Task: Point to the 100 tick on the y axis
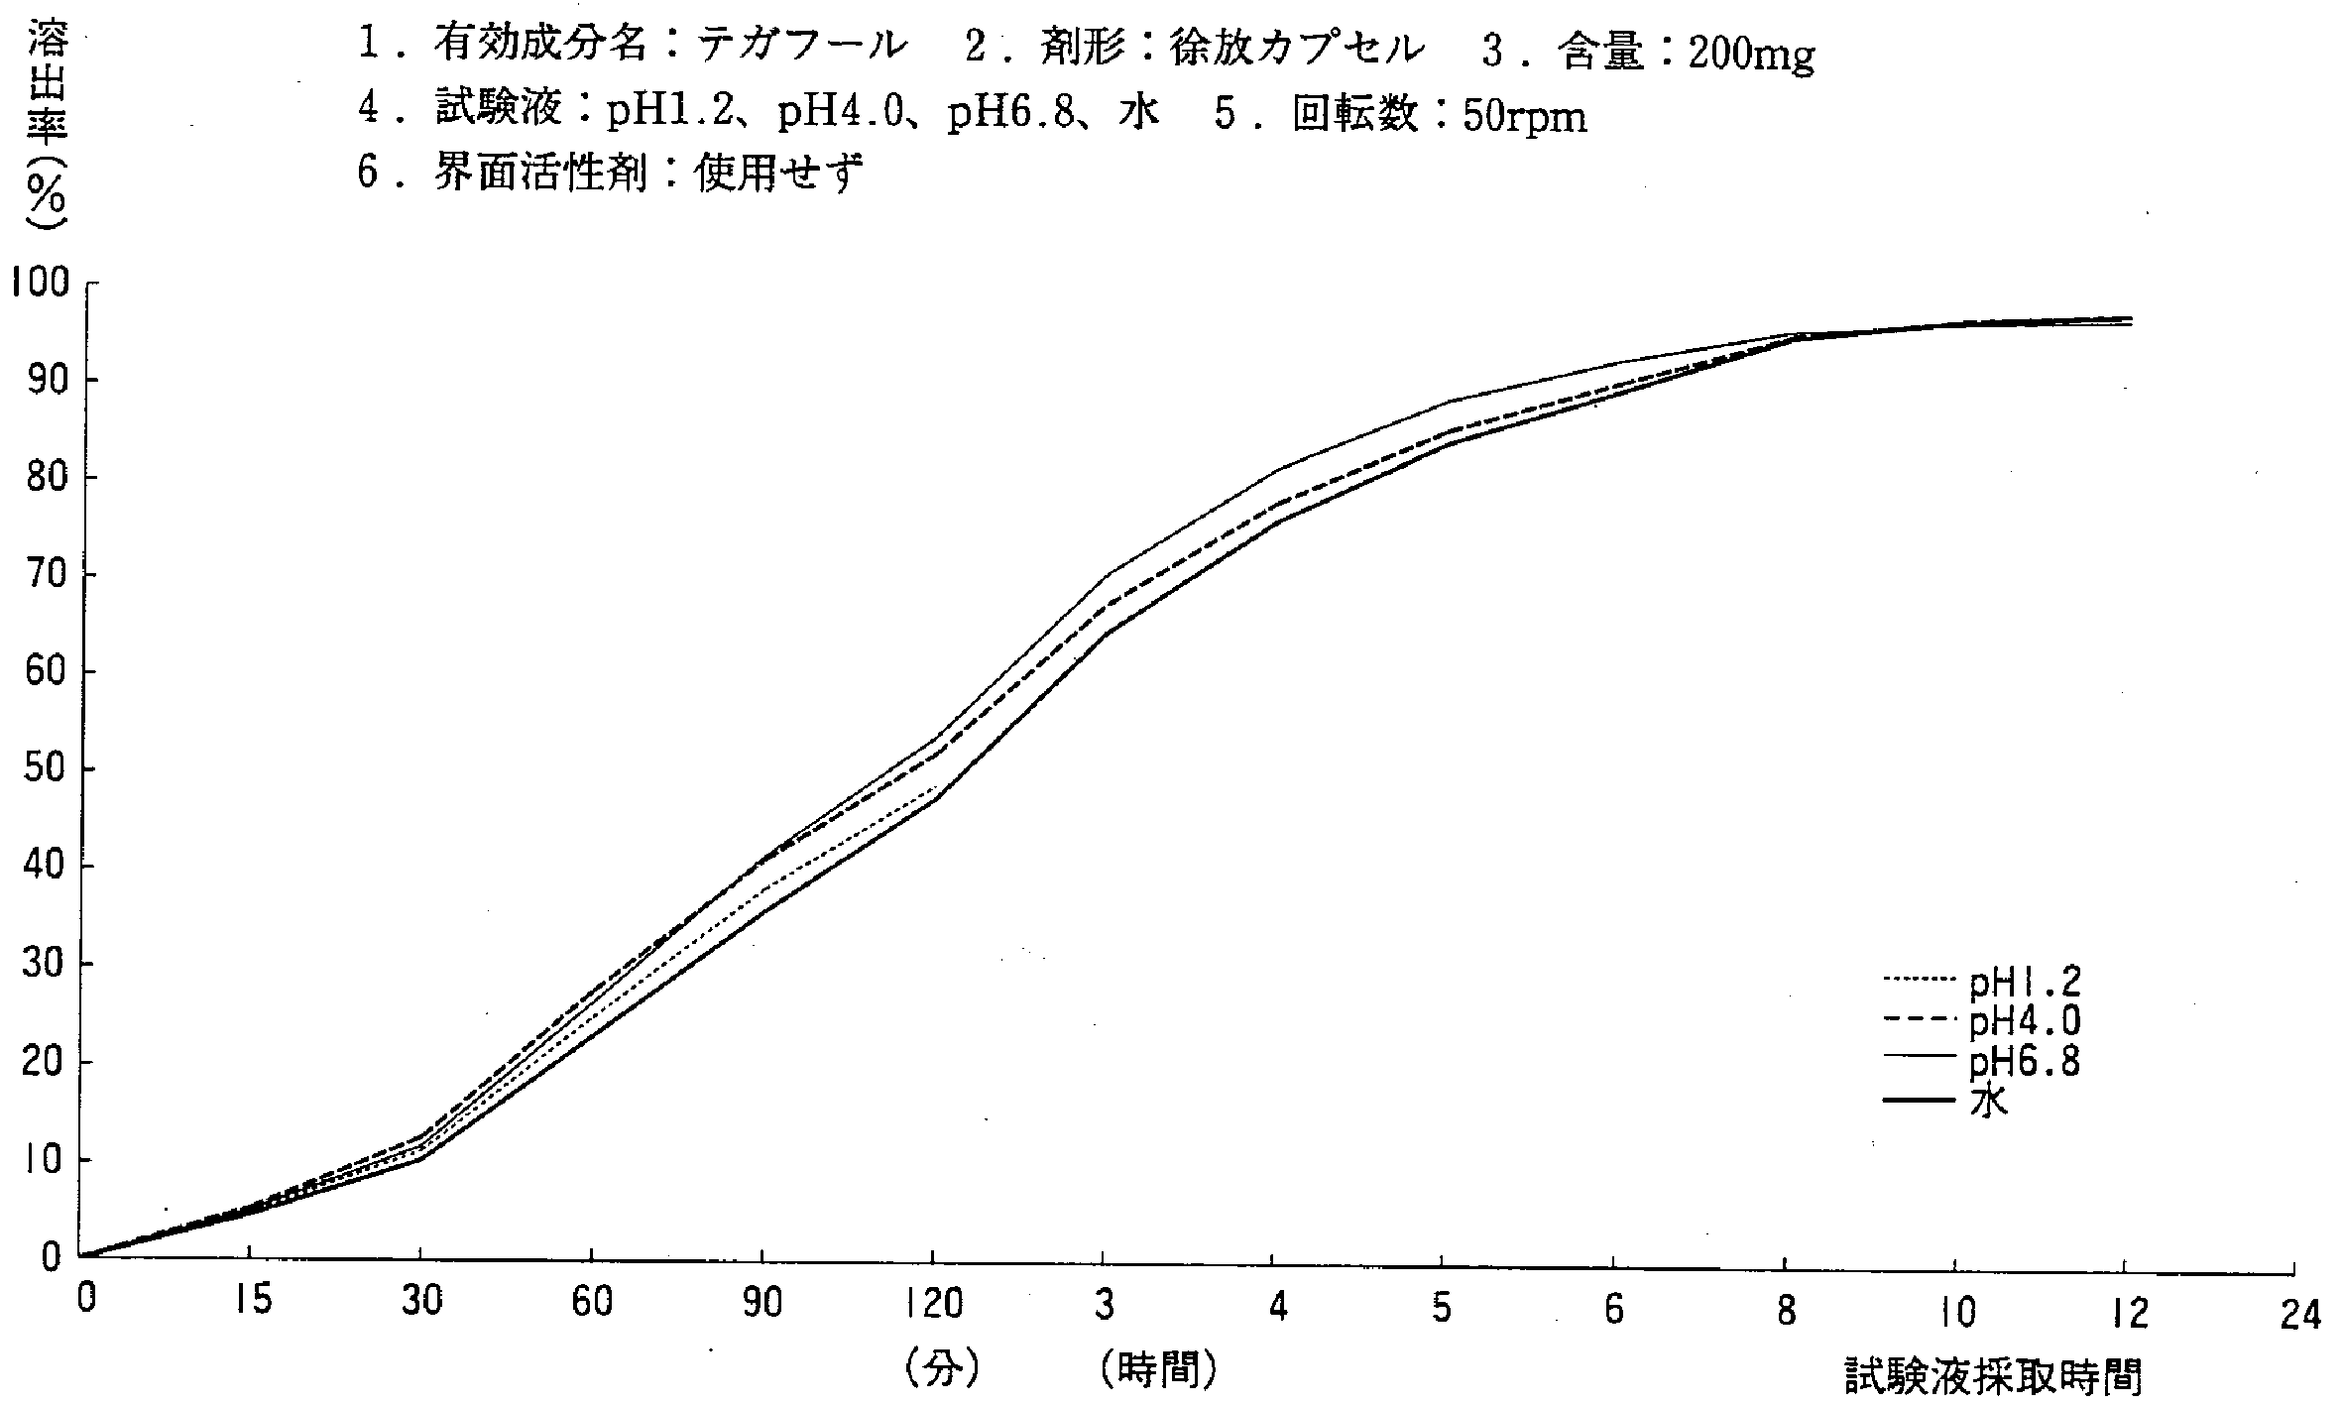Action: pos(41,284)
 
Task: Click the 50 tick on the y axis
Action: pos(45,769)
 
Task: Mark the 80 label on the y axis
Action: pos(45,478)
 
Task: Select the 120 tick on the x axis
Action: pos(932,1305)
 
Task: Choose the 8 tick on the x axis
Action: pos(1785,1312)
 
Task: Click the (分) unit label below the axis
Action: pos(942,1370)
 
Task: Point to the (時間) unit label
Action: pos(1157,1370)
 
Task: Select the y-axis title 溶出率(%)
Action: pos(45,129)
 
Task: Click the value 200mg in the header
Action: pos(1751,55)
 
